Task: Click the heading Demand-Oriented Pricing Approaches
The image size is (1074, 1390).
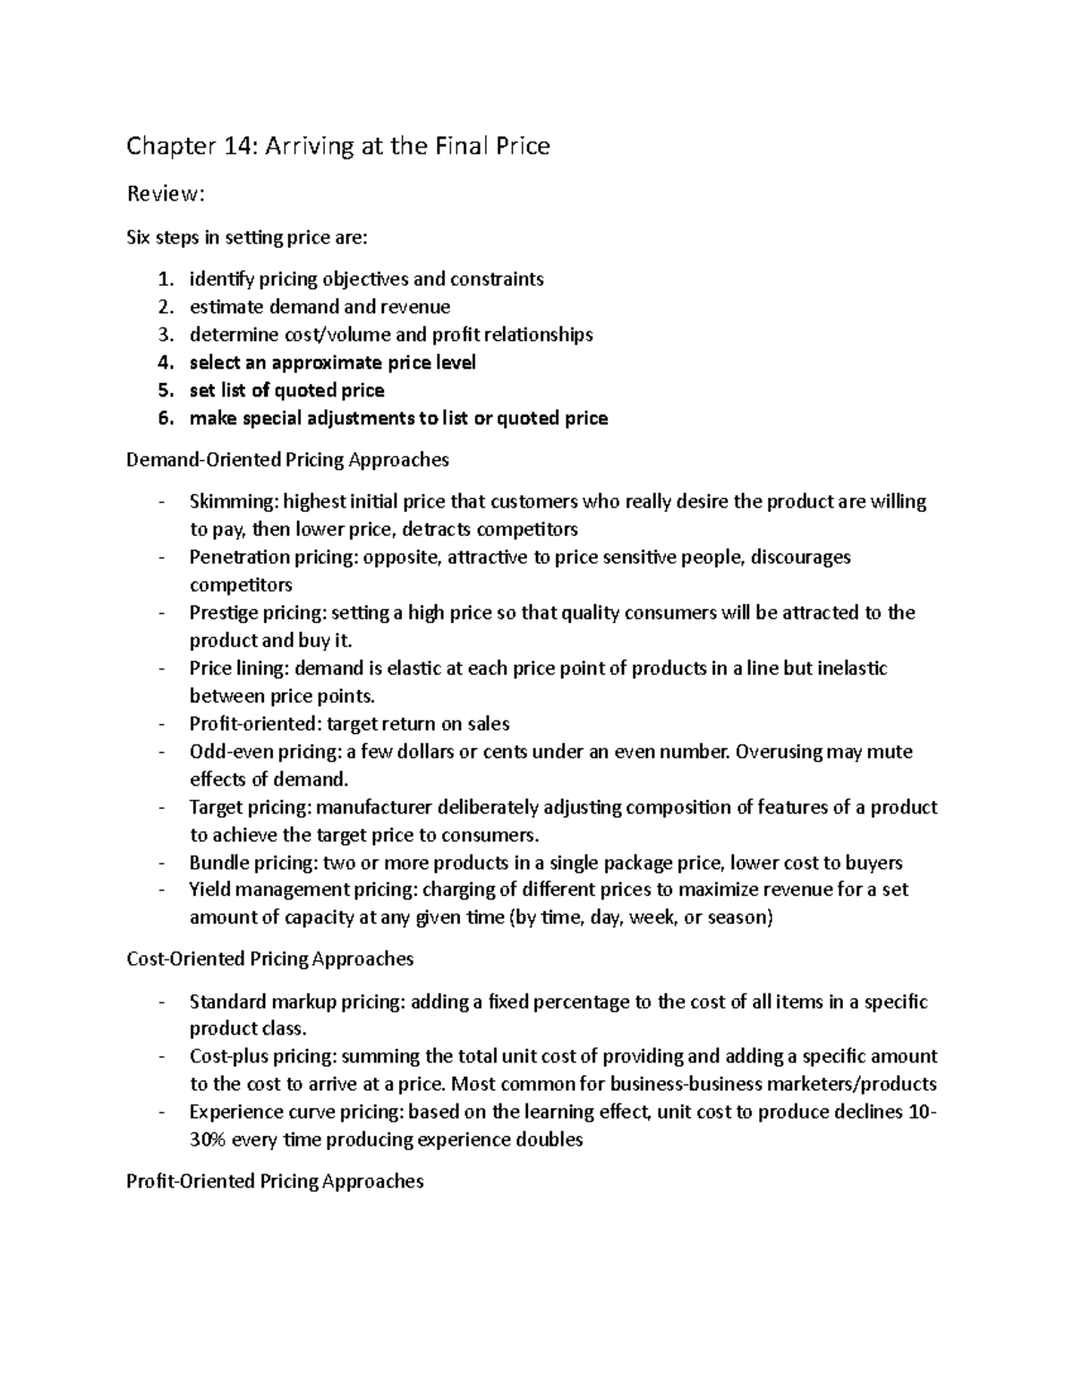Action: [287, 460]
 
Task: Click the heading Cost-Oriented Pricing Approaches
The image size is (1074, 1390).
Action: [270, 959]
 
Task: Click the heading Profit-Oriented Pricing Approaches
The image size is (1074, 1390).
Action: [275, 1181]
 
